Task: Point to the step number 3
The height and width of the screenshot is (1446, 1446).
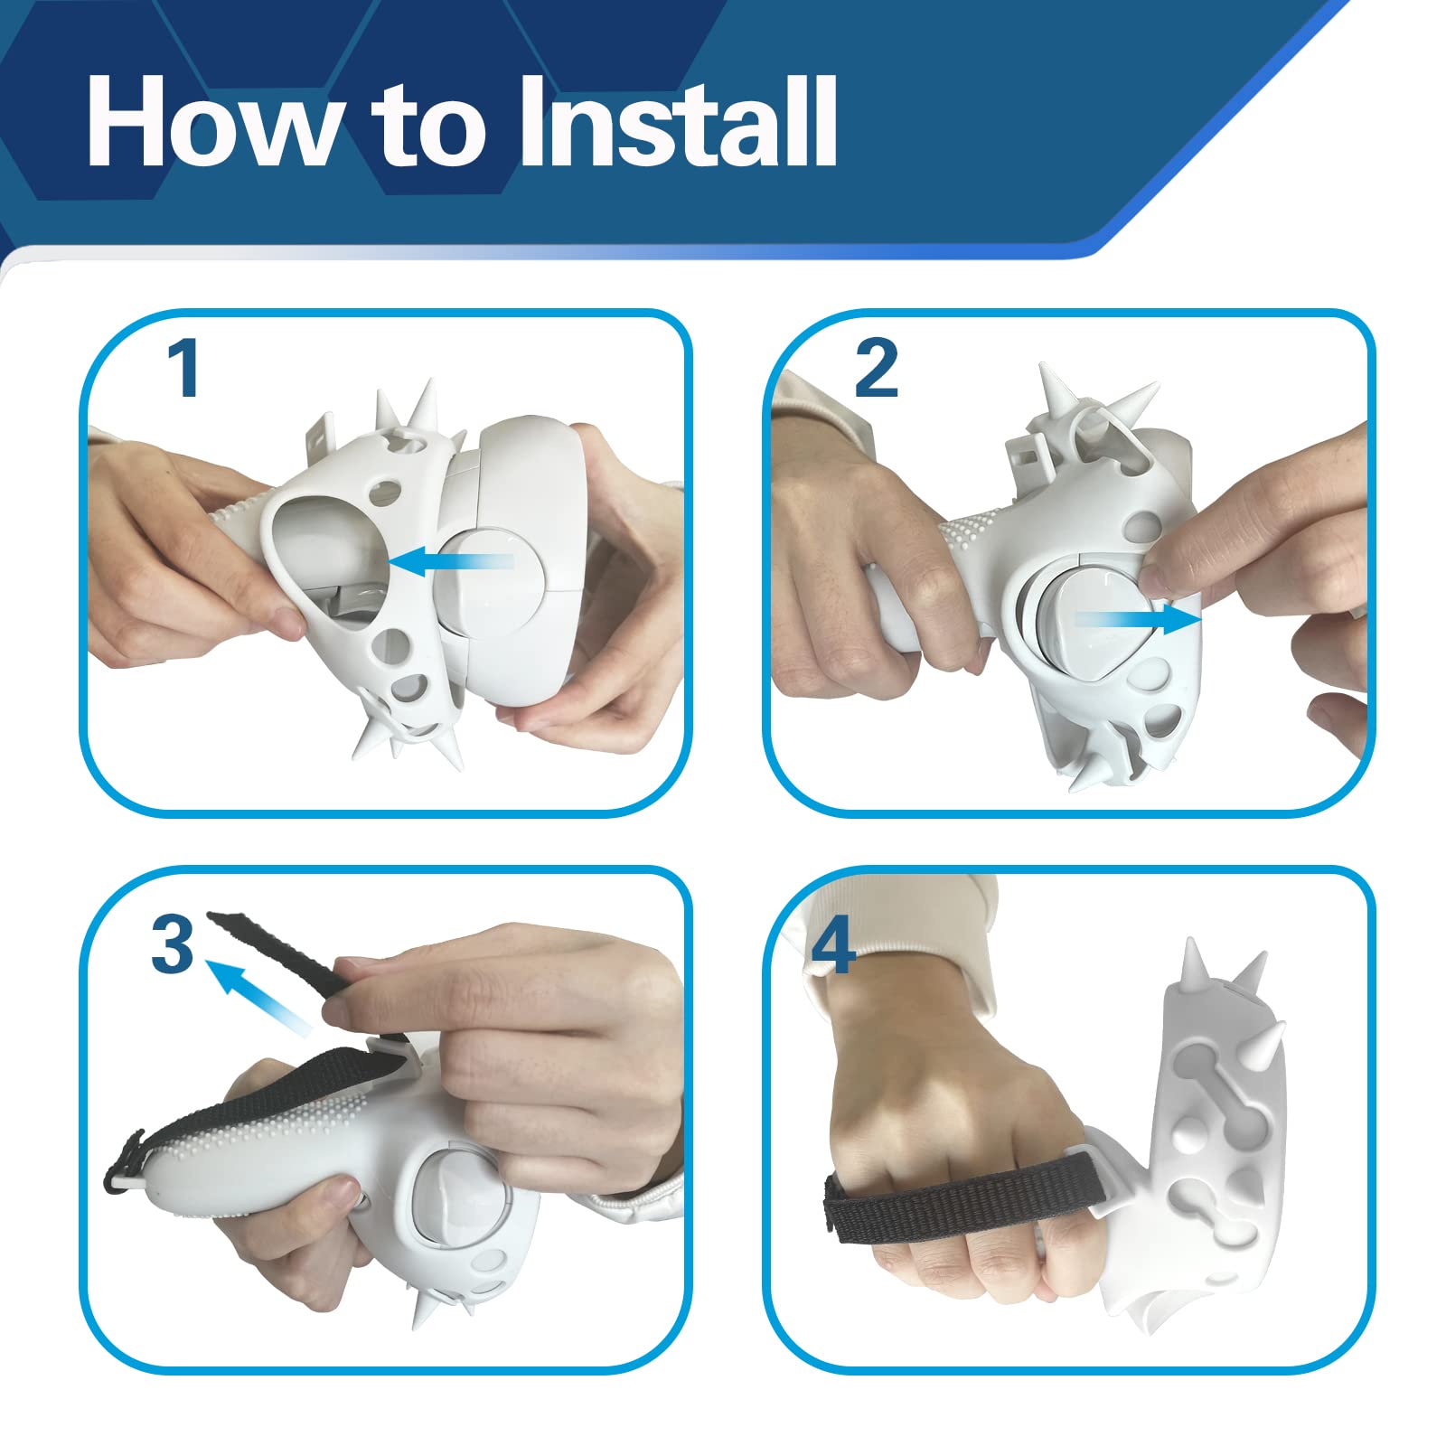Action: (173, 944)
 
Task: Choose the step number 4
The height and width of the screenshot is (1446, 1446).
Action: (833, 944)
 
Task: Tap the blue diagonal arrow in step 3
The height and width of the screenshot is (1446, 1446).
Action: (259, 996)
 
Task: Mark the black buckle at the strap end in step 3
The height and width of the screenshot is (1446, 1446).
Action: (123, 1161)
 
